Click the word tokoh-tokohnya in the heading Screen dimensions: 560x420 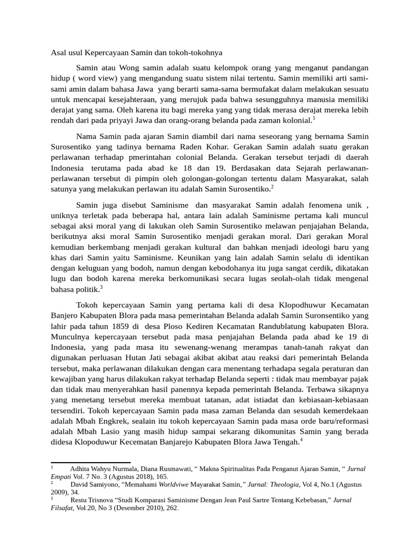tap(194, 53)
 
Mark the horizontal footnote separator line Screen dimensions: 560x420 tap(90, 463)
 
